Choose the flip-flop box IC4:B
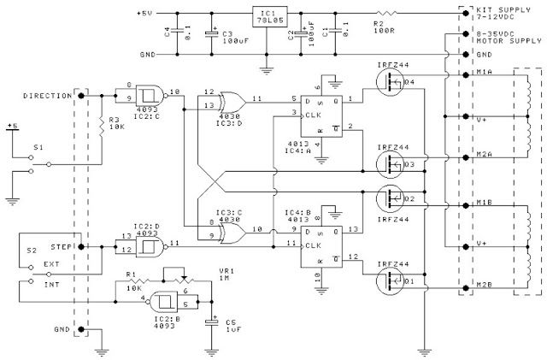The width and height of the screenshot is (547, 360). click(x=317, y=242)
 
